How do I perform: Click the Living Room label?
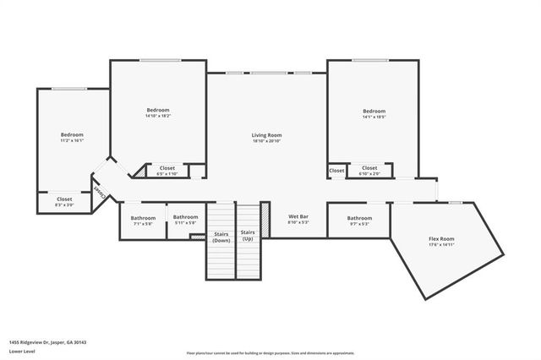point(266,135)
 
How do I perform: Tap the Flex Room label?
point(441,239)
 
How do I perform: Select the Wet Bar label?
point(298,217)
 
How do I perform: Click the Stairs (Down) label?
point(221,237)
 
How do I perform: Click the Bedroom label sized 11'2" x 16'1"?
point(72,135)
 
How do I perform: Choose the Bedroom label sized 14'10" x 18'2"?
point(158,111)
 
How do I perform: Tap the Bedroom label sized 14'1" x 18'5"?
point(374,111)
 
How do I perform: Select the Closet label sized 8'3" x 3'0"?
point(64,199)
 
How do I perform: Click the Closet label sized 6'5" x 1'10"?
point(167,168)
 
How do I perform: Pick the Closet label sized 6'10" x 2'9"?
point(369,168)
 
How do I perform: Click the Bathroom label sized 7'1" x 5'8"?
point(143,218)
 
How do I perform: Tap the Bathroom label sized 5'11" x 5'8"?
point(185,217)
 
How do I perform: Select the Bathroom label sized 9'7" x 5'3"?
point(359,218)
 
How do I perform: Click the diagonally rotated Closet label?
point(102,192)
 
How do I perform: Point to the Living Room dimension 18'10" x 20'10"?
point(266,141)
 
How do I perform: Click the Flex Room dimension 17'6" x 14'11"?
point(441,245)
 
